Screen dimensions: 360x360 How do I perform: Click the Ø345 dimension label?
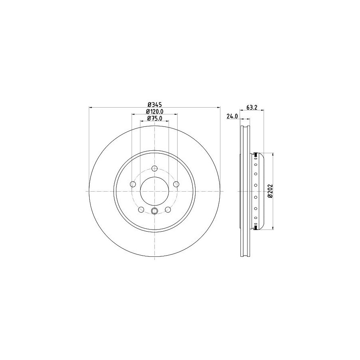click(x=155, y=105)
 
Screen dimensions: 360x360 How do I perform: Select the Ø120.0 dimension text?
click(x=155, y=112)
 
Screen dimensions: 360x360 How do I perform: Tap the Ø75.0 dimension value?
click(x=155, y=118)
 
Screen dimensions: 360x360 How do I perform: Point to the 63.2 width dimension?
click(x=252, y=107)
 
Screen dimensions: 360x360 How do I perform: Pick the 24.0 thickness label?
click(x=232, y=116)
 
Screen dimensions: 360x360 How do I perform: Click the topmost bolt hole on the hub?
click(x=155, y=168)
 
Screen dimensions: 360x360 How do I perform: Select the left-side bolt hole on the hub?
click(x=133, y=184)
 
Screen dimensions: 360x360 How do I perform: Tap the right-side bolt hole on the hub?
click(x=176, y=184)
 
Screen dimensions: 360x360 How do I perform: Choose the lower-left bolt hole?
click(x=141, y=209)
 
